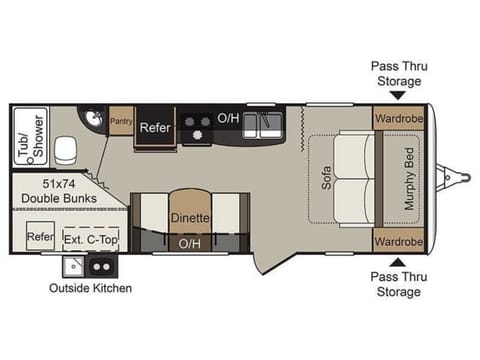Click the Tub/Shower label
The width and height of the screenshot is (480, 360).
pos(31,136)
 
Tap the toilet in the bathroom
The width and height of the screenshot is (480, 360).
pos(65,151)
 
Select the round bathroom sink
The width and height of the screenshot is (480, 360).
pos(93,118)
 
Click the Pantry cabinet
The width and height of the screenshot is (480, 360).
pos(121,121)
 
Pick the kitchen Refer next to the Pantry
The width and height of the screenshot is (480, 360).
pos(155,127)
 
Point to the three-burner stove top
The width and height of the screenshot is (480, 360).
pos(197,127)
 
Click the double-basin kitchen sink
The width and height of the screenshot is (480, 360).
pos(262,125)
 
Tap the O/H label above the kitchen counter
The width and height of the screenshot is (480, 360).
pos(228,118)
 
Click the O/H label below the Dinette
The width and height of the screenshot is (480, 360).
pos(190,244)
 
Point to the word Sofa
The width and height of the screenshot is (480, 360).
pos(326,178)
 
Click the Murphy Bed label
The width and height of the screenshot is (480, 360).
pos(409,179)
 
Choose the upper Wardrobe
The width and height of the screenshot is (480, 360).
pos(399,118)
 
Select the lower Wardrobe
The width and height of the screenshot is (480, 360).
pos(399,241)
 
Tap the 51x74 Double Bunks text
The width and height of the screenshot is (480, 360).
pos(59,191)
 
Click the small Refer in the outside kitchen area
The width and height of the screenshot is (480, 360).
pos(40,236)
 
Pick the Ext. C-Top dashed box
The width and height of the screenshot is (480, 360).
pos(91,239)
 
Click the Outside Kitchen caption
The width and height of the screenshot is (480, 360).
pos(90,288)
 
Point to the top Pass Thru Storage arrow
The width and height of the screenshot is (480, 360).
pos(398,96)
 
